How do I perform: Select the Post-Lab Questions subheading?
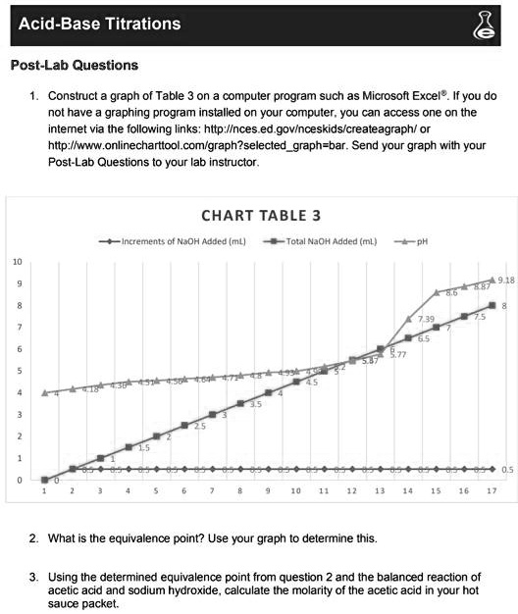pos(74,66)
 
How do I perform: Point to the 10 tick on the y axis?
pos(17,261)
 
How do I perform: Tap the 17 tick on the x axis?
pos(491,489)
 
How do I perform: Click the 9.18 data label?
pos(505,280)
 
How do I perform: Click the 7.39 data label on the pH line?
pos(425,320)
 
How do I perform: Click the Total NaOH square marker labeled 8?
pos(492,306)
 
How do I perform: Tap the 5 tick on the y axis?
pos(17,371)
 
